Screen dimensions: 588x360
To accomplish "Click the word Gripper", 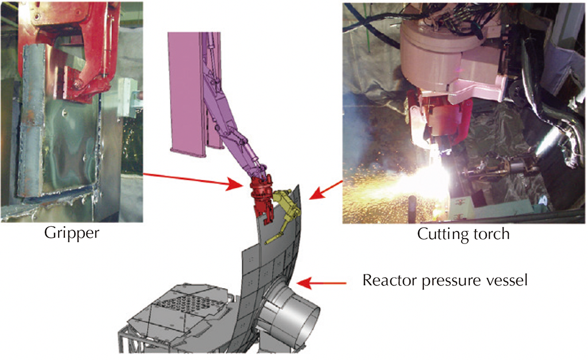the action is tap(72, 233).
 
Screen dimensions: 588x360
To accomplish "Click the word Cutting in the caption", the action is tap(439, 234).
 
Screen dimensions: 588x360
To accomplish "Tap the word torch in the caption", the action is tap(488, 234).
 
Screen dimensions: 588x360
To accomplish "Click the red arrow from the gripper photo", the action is tap(192, 180).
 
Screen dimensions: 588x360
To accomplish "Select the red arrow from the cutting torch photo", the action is tap(325, 189).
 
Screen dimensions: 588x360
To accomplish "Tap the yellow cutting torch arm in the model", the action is tap(284, 214).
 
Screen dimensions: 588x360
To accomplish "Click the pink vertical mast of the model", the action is tap(187, 94).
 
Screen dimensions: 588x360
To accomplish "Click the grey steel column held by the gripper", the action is tap(32, 120).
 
